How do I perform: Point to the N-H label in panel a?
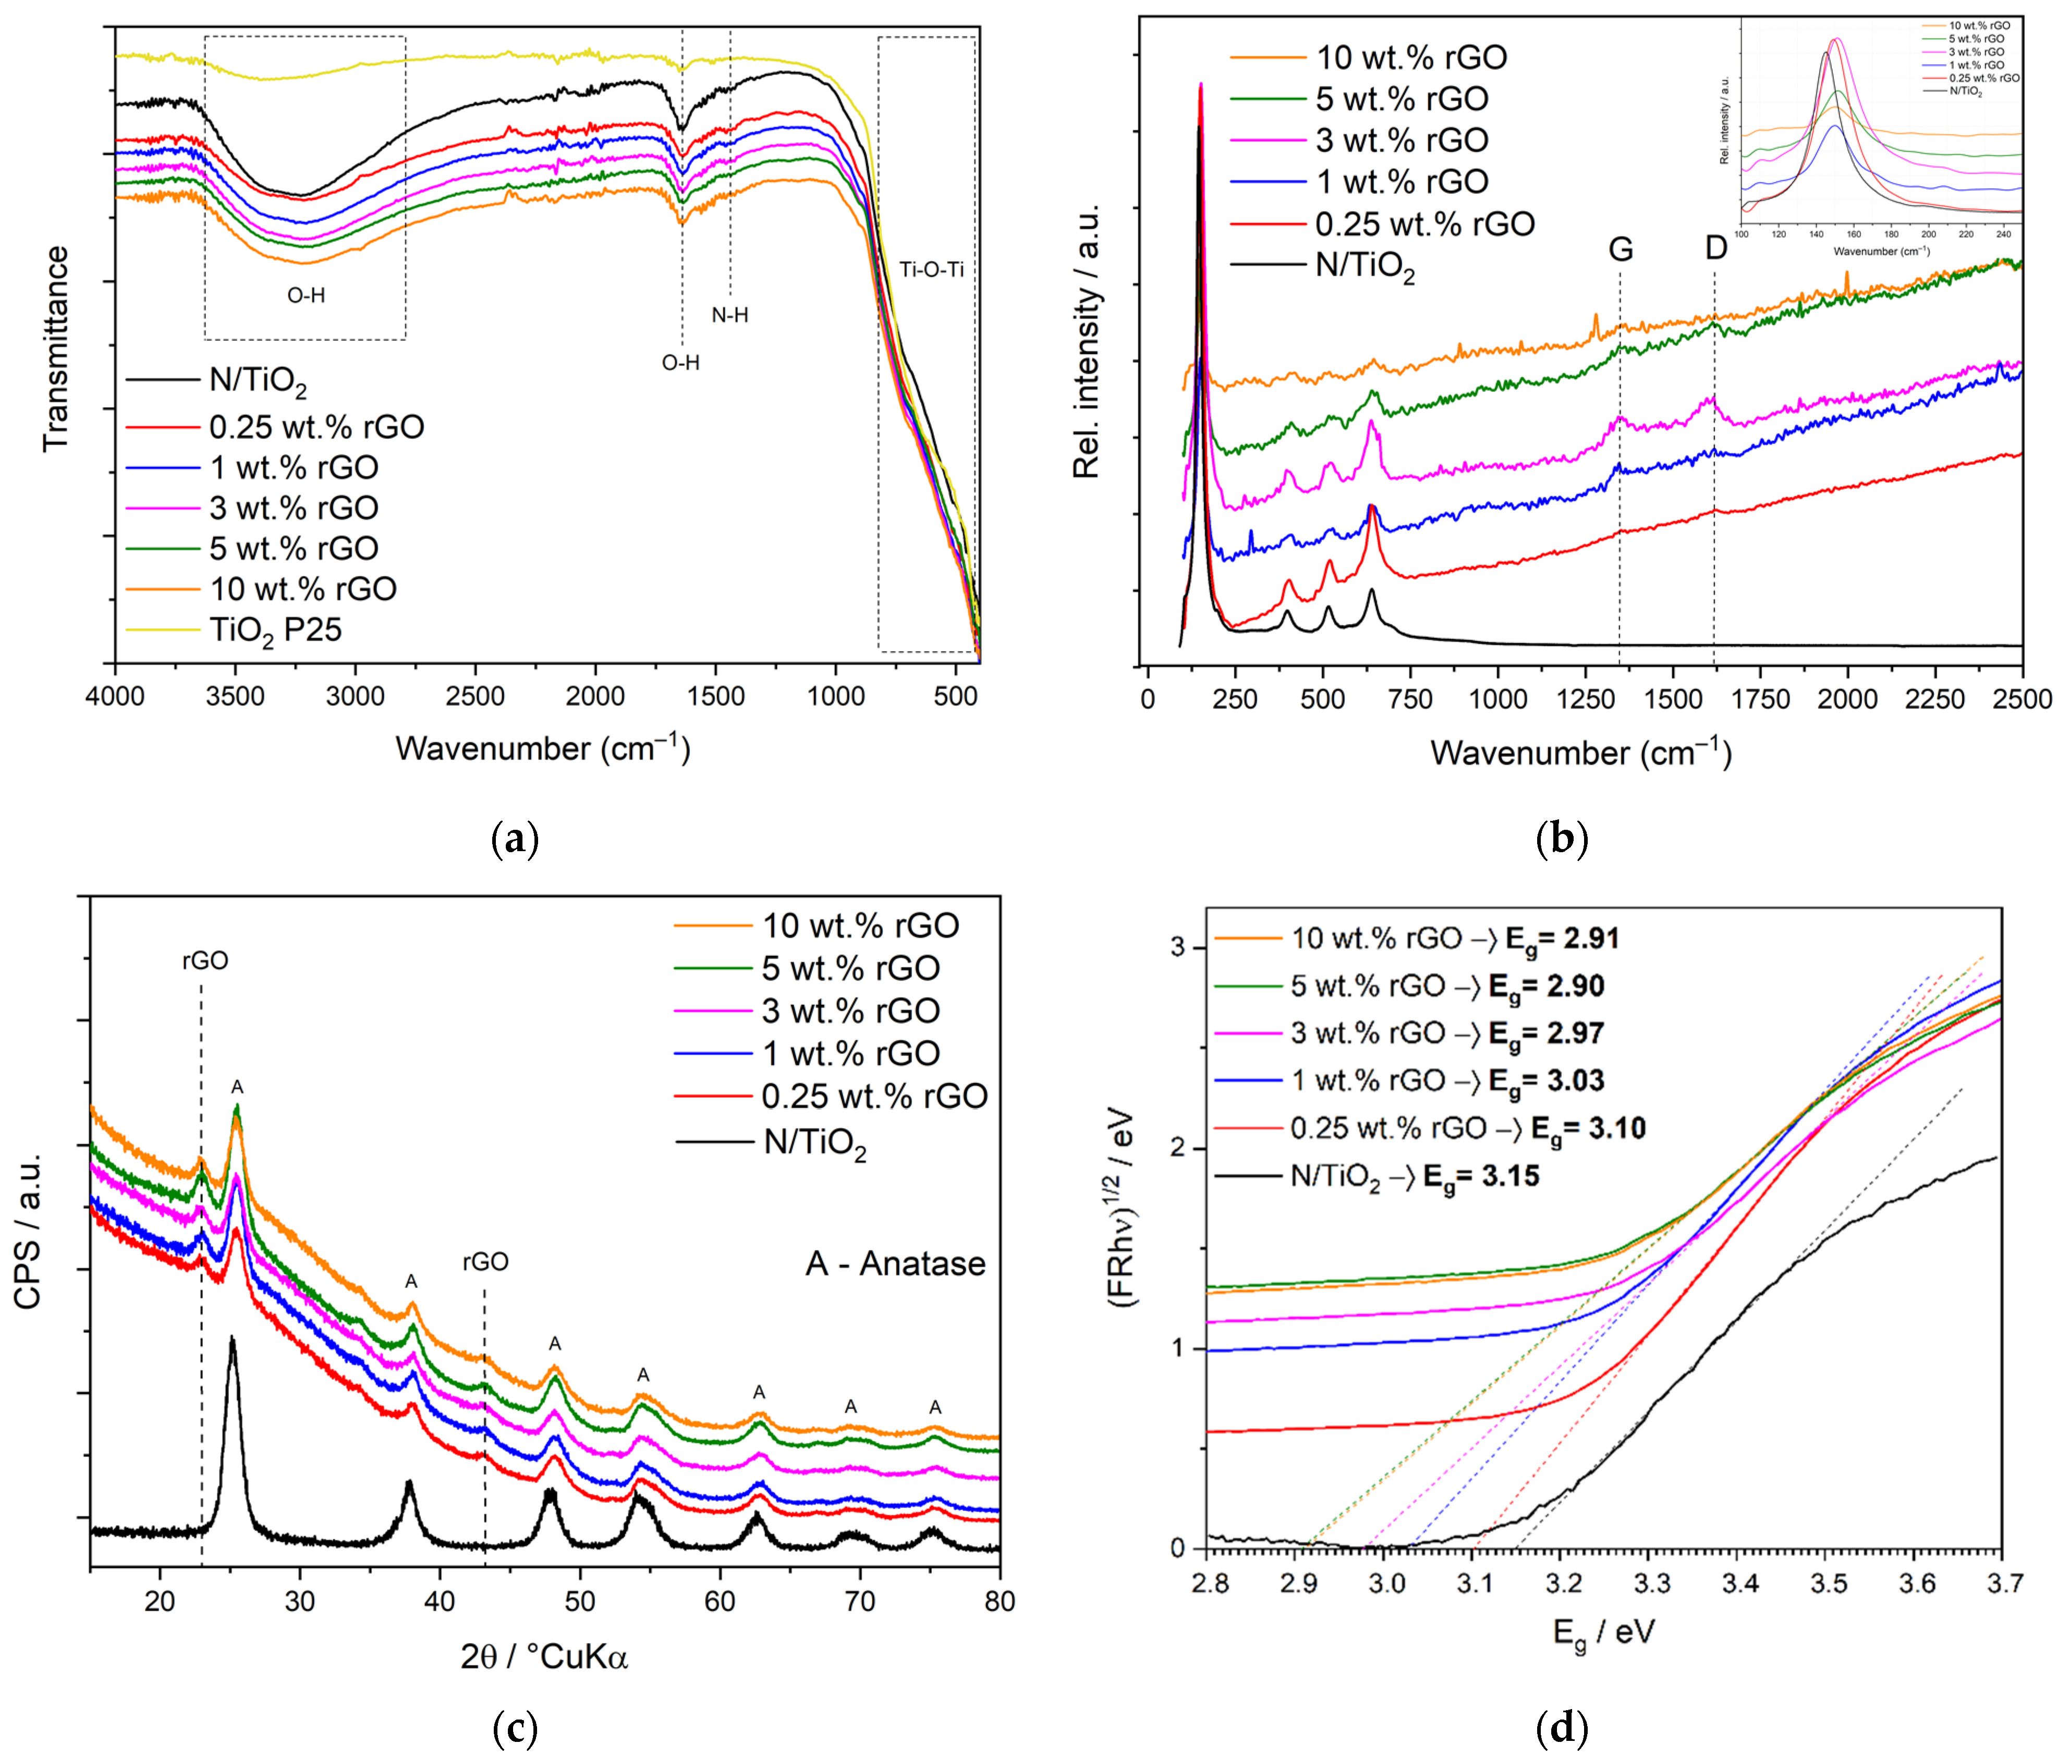[x=729, y=316]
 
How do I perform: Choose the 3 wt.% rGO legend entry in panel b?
[x=1402, y=140]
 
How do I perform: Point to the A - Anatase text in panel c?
[x=895, y=1263]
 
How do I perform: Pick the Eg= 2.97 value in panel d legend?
[x=1545, y=1034]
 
